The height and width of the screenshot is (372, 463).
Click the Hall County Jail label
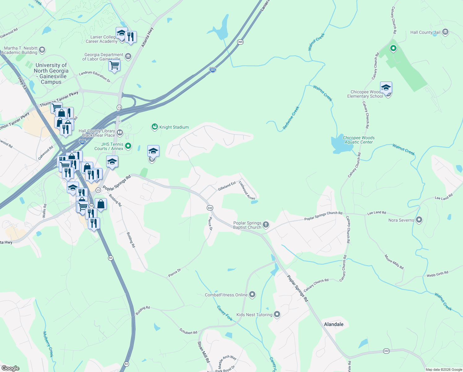[425, 32]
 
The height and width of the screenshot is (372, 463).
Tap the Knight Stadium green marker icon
[154, 127]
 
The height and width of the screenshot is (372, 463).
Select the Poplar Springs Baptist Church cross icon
[266, 224]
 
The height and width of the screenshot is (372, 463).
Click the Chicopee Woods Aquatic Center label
[359, 140]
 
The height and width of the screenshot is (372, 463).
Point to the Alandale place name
[334, 324]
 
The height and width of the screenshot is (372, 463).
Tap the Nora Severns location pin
[419, 220]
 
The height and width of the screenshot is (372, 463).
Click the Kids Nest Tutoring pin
[277, 314]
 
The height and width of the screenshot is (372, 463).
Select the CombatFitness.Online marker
[252, 294]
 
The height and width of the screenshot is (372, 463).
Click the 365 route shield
[240, 42]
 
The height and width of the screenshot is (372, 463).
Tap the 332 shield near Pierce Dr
[210, 208]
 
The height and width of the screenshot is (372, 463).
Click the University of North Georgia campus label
[51, 73]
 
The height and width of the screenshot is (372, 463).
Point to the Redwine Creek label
[291, 118]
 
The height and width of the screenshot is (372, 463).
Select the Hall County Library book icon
[120, 133]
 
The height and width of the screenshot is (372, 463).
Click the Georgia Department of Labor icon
[128, 56]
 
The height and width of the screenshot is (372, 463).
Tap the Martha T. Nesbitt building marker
[42, 50]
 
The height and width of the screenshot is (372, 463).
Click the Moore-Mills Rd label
[394, 262]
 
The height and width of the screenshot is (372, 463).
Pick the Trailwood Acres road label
[247, 191]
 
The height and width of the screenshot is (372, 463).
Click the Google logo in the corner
[10, 368]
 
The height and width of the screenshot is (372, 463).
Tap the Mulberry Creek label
[48, 344]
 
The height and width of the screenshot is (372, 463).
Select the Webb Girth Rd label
[437, 274]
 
